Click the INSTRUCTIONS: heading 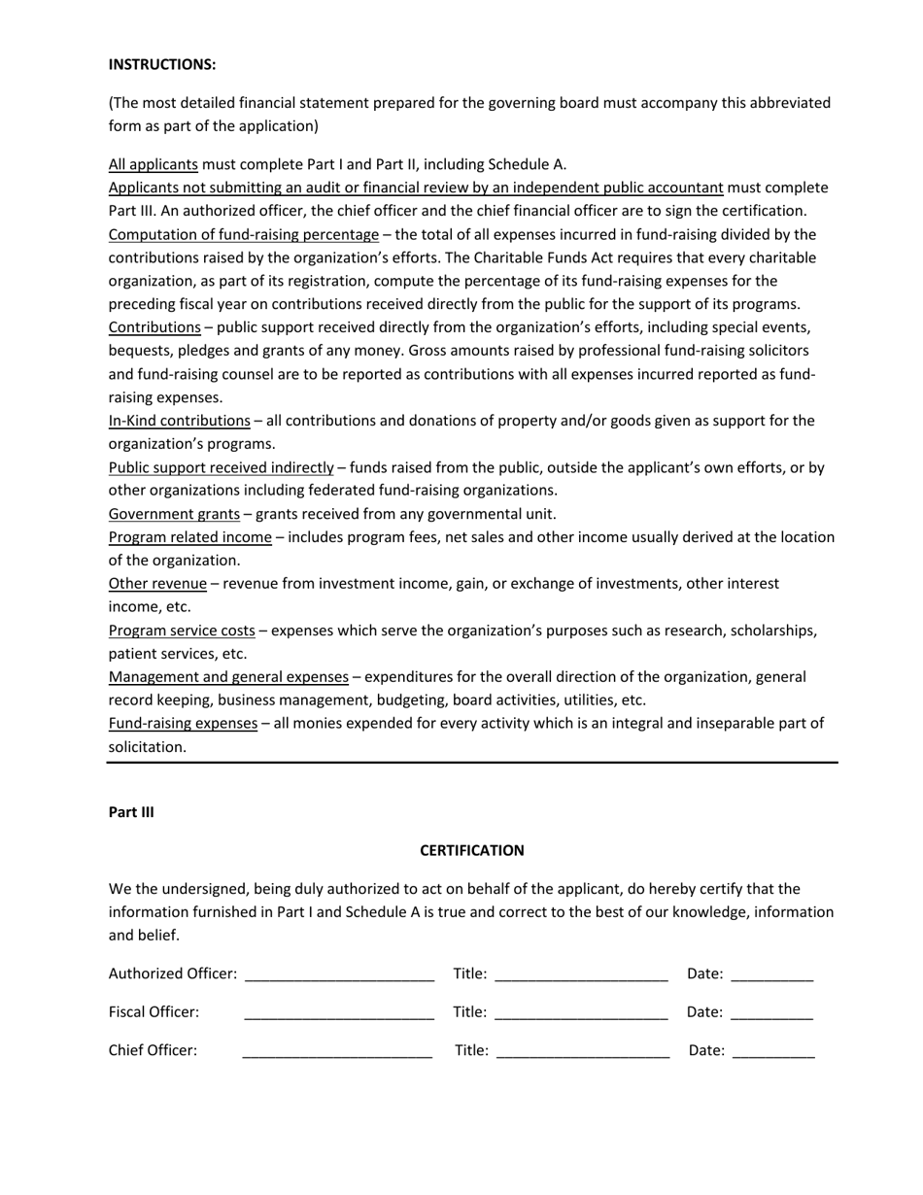tap(162, 64)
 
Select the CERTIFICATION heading tap(471, 850)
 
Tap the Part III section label tap(131, 812)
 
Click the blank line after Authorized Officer tap(339, 975)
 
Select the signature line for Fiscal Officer tap(339, 1014)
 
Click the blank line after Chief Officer tap(337, 1052)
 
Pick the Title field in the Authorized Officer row tap(581, 975)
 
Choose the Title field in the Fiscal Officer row tap(581, 1014)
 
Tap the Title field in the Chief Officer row tap(583, 1052)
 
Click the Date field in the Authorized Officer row tap(771, 975)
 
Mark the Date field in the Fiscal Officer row tap(771, 1014)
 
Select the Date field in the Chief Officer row tap(773, 1052)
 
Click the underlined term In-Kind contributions tap(179, 421)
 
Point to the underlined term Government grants tap(174, 514)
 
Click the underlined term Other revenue tap(157, 584)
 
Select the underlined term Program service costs tap(182, 631)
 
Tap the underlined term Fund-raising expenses tap(183, 723)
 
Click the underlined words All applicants tap(153, 164)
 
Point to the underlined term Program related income tap(189, 537)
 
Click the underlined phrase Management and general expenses tap(228, 676)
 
